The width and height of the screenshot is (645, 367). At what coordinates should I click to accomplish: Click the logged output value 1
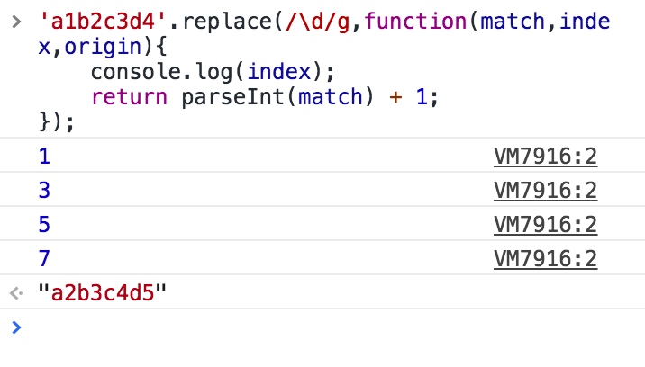coord(44,157)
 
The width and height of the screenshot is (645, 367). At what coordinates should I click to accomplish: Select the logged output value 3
coord(44,191)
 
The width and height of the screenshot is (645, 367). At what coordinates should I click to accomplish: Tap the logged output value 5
coord(44,225)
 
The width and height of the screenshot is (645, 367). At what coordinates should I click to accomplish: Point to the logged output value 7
coord(44,259)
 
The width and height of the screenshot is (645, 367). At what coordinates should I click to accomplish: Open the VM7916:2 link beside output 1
coord(545,157)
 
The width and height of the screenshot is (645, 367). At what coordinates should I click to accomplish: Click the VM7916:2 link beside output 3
coord(545,191)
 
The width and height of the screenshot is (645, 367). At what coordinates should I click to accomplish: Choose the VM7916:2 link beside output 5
coord(545,225)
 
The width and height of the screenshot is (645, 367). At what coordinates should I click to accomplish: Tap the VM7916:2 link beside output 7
coord(545,259)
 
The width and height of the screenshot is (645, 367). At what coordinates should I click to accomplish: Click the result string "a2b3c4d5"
coord(103,293)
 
